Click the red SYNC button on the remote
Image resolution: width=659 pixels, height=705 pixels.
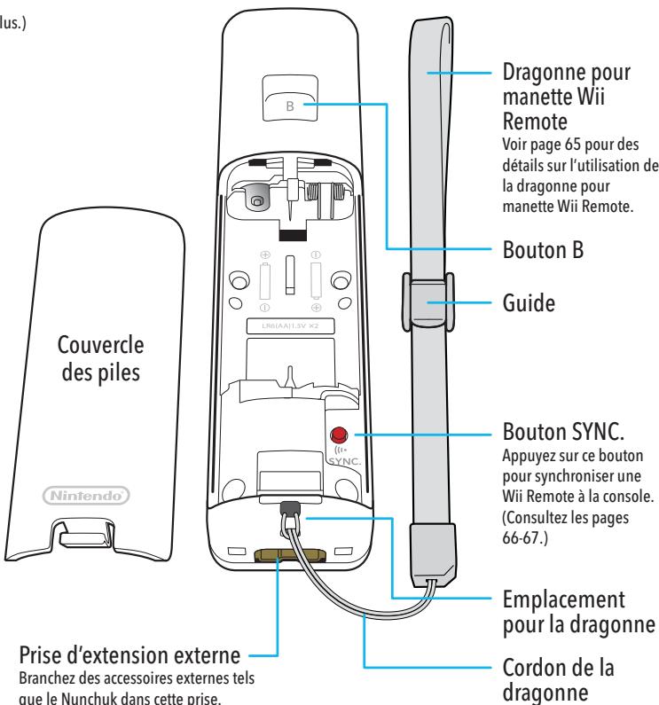(x=338, y=435)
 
